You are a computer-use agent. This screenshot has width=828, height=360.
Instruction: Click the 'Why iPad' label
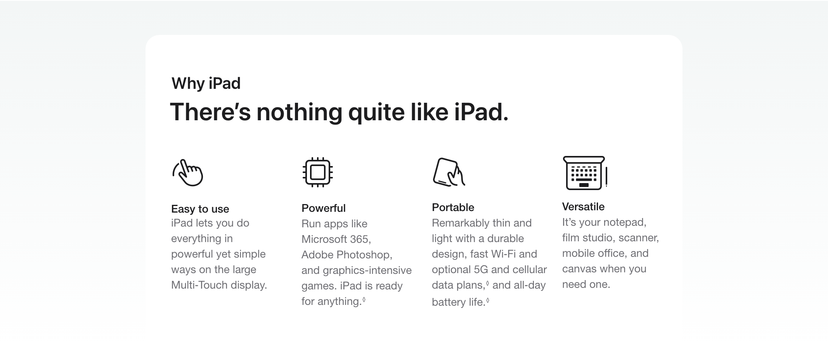click(206, 83)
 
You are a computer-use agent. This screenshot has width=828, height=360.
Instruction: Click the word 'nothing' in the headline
click(299, 112)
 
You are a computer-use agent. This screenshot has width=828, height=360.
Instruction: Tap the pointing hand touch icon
click(188, 173)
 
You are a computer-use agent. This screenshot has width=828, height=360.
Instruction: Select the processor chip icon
click(318, 172)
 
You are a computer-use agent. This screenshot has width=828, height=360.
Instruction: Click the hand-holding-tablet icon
click(449, 172)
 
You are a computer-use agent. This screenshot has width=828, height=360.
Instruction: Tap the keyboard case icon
click(584, 173)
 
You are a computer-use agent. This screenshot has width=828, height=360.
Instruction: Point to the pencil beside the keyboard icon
click(606, 177)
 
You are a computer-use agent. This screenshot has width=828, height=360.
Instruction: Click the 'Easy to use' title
click(200, 209)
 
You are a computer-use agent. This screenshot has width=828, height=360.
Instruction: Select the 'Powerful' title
click(324, 208)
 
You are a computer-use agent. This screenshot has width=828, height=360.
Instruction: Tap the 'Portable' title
click(453, 208)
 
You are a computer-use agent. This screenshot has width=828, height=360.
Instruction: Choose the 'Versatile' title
click(584, 207)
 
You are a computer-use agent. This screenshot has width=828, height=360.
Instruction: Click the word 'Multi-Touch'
click(199, 285)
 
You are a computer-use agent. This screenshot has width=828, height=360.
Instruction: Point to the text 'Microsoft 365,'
click(336, 239)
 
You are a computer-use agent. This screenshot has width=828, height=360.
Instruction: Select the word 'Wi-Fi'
click(503, 254)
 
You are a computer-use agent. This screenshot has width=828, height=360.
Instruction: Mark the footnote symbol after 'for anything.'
click(364, 299)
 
